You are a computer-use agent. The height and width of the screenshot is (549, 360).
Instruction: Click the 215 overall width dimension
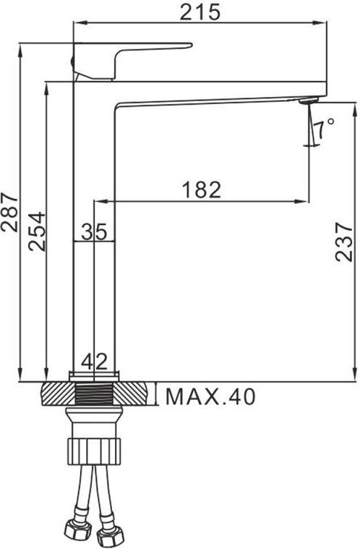200,12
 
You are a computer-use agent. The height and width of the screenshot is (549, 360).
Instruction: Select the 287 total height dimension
9,211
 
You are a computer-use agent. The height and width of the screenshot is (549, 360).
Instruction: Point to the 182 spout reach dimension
201,189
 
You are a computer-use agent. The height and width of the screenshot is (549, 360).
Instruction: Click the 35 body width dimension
94,231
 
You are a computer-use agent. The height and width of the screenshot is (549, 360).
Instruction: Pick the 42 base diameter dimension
94,359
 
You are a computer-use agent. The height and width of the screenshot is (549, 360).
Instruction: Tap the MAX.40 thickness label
210,396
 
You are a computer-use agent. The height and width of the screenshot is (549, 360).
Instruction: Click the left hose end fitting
74,532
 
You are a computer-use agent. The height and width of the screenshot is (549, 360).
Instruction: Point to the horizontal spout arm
217,94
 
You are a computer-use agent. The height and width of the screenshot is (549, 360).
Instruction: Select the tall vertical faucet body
94,289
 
